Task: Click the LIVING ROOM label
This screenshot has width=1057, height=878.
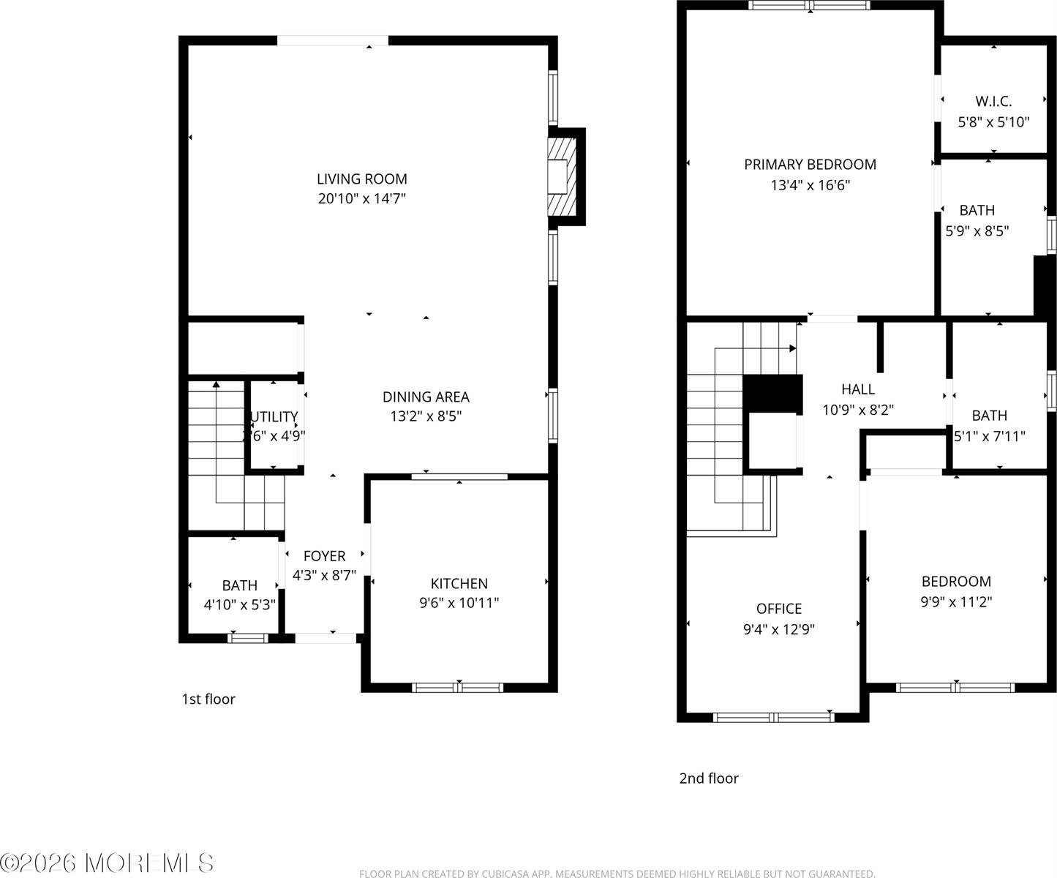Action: pos(361,179)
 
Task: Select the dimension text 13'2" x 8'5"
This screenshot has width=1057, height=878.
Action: pos(426,416)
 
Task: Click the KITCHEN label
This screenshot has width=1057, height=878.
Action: pos(459,583)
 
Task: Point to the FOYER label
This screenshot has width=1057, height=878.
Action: pos(324,556)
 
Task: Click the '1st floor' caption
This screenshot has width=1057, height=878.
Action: pos(208,699)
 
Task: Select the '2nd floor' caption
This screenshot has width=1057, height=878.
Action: pos(709,778)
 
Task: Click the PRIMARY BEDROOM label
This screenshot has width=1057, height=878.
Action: pos(810,165)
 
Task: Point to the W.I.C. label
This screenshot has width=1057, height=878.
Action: pos(993,102)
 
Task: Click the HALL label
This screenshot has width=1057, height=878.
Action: pos(857,389)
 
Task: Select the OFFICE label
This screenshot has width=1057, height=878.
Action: pos(779,609)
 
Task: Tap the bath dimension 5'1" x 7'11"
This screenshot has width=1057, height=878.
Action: pos(990,436)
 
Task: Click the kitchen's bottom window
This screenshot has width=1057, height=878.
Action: pos(458,687)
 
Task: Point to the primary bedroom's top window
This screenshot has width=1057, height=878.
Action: pos(810,5)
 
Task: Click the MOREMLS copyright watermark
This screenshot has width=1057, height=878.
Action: pos(108,863)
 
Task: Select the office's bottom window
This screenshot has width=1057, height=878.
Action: pos(774,717)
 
